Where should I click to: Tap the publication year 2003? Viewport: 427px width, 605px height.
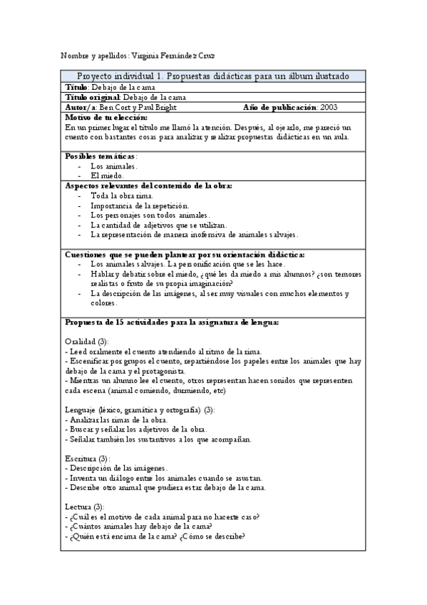tap(329, 107)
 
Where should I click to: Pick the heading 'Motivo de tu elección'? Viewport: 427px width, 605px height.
tap(106, 117)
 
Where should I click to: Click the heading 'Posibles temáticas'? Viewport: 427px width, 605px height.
tap(101, 156)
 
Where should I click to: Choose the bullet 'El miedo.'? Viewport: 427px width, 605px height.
tap(107, 175)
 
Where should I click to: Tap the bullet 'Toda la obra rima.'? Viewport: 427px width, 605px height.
tap(121, 195)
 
